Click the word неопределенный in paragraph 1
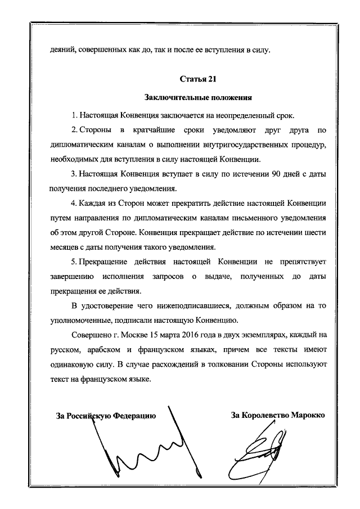(244, 115)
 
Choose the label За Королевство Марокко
(278, 416)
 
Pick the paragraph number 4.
(73, 203)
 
